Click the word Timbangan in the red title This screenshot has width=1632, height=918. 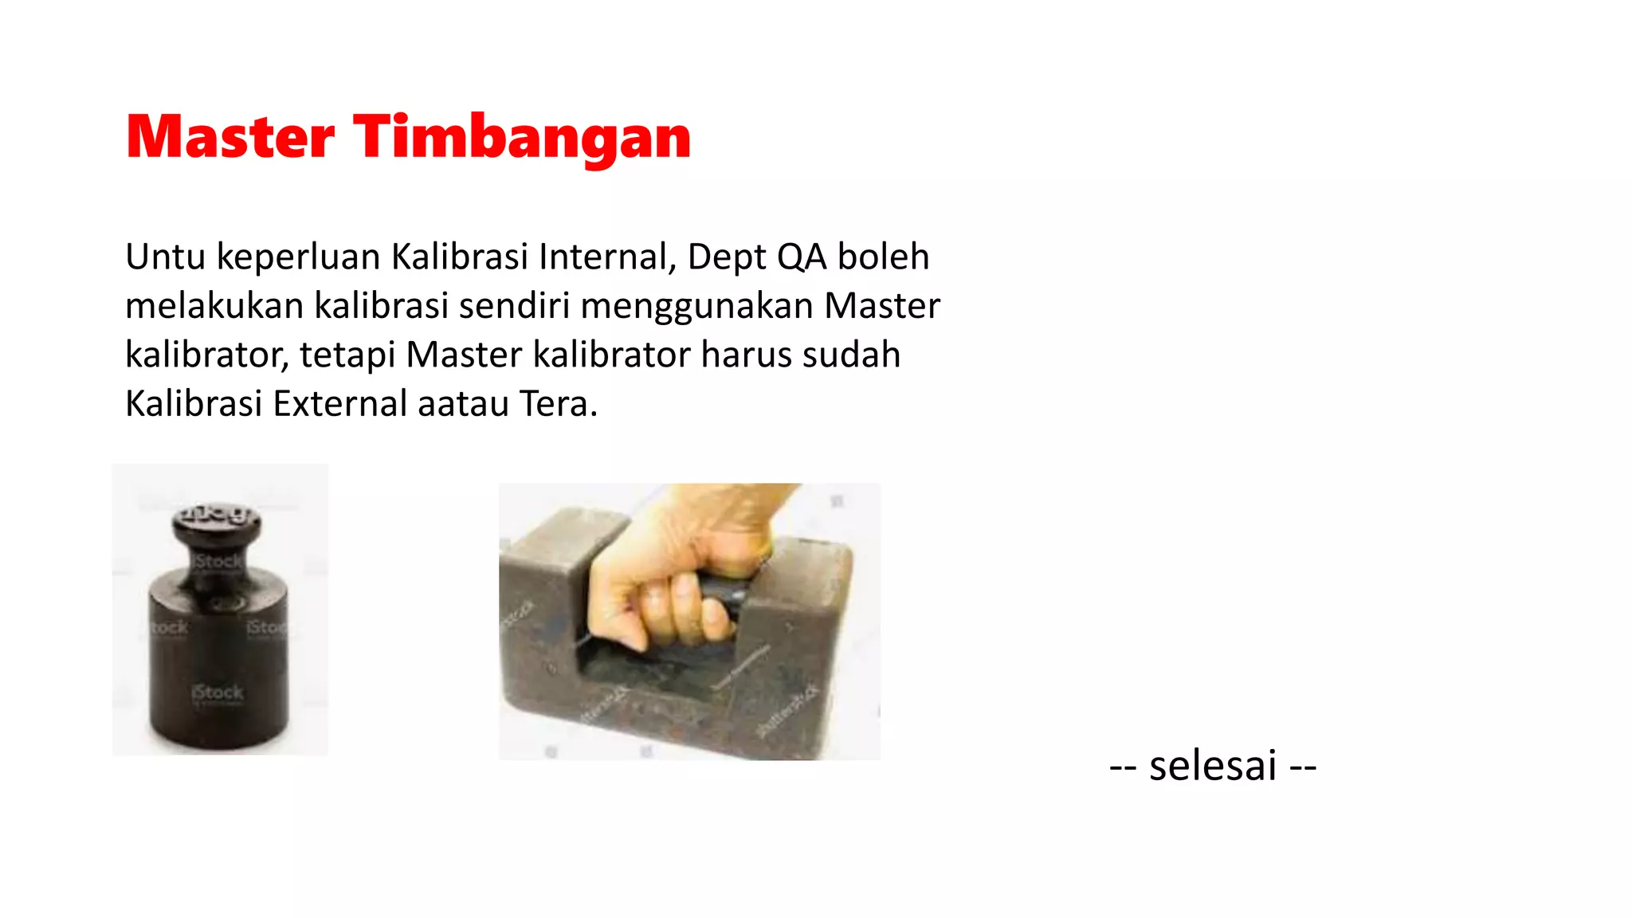(522, 138)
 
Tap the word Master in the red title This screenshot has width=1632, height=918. (230, 138)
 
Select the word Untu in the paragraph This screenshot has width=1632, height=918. (165, 257)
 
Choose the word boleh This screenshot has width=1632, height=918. (883, 257)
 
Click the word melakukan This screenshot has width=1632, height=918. (214, 306)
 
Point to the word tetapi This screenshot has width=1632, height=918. (347, 355)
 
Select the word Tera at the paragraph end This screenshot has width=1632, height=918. (557, 404)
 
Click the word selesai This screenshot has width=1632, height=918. (1213, 766)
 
